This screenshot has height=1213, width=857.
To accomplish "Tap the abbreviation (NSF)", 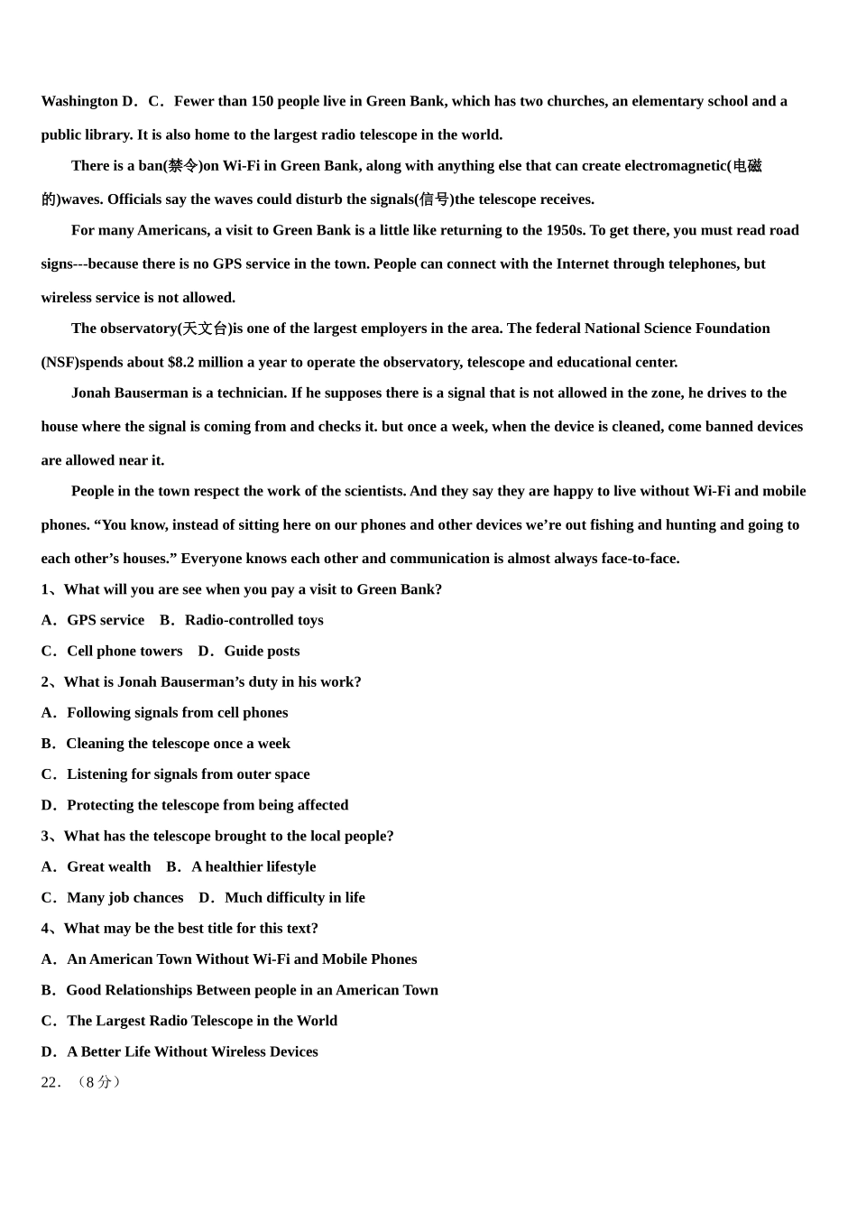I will point(60,362).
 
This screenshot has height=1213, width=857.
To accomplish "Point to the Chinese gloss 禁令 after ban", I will point(183,166).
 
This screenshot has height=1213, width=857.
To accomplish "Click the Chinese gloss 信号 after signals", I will point(435,199).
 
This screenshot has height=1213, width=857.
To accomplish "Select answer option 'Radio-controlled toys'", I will point(253,620).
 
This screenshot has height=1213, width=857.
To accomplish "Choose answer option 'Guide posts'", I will point(262,651).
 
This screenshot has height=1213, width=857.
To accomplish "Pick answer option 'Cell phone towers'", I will point(124,651).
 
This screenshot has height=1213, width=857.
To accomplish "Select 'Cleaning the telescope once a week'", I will point(178,744).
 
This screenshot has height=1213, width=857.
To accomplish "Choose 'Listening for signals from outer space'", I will point(188,774).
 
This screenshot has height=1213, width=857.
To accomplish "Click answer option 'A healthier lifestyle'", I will point(253,866).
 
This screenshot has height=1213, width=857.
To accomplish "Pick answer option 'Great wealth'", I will point(108,866).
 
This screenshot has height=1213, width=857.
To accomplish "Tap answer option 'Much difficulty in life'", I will point(295,897).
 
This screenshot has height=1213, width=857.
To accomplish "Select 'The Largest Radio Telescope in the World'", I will point(201,1021).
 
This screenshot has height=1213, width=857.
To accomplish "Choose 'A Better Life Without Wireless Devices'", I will point(192,1051).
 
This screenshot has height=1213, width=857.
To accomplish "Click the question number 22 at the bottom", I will point(50,1082).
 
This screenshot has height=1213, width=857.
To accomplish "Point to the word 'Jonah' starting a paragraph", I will point(91,393).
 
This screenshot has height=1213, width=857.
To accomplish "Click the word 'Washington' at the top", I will point(79,101).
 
